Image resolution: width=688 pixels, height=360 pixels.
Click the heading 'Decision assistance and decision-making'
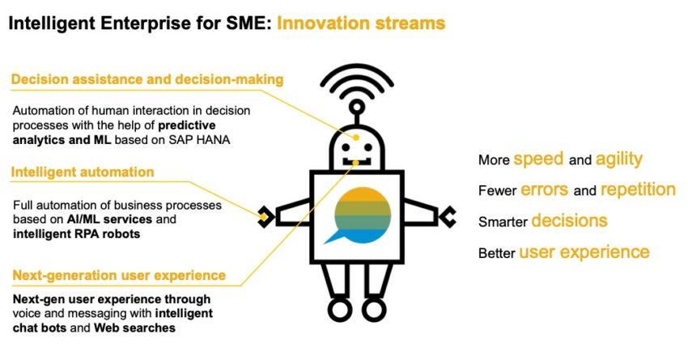tap(147, 79)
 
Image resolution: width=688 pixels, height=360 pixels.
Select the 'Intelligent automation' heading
tap(83, 172)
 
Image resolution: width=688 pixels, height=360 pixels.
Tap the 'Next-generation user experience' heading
tap(119, 275)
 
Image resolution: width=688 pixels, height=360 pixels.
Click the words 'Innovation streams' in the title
tap(361, 23)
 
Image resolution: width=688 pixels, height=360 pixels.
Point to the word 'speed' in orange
tap(538, 159)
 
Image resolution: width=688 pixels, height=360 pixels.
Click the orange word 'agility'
tap(619, 159)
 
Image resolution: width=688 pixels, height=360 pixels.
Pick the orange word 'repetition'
tap(638, 190)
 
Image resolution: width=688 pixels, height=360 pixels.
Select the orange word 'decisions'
tap(569, 221)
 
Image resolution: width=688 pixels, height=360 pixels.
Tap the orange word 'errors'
tap(544, 190)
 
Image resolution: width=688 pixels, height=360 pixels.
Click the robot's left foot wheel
tap(340, 309)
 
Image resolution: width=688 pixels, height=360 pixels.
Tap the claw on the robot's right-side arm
tap(448, 217)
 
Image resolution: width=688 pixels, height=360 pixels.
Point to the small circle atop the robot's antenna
tap(357, 107)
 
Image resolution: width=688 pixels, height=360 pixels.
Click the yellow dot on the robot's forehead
tap(356, 138)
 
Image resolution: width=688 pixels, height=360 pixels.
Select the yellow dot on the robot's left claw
tap(263, 217)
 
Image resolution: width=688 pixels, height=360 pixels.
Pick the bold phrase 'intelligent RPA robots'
tap(76, 234)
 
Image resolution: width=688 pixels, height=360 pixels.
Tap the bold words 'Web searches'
tap(134, 328)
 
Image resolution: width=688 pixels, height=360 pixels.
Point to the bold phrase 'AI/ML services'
tap(110, 219)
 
